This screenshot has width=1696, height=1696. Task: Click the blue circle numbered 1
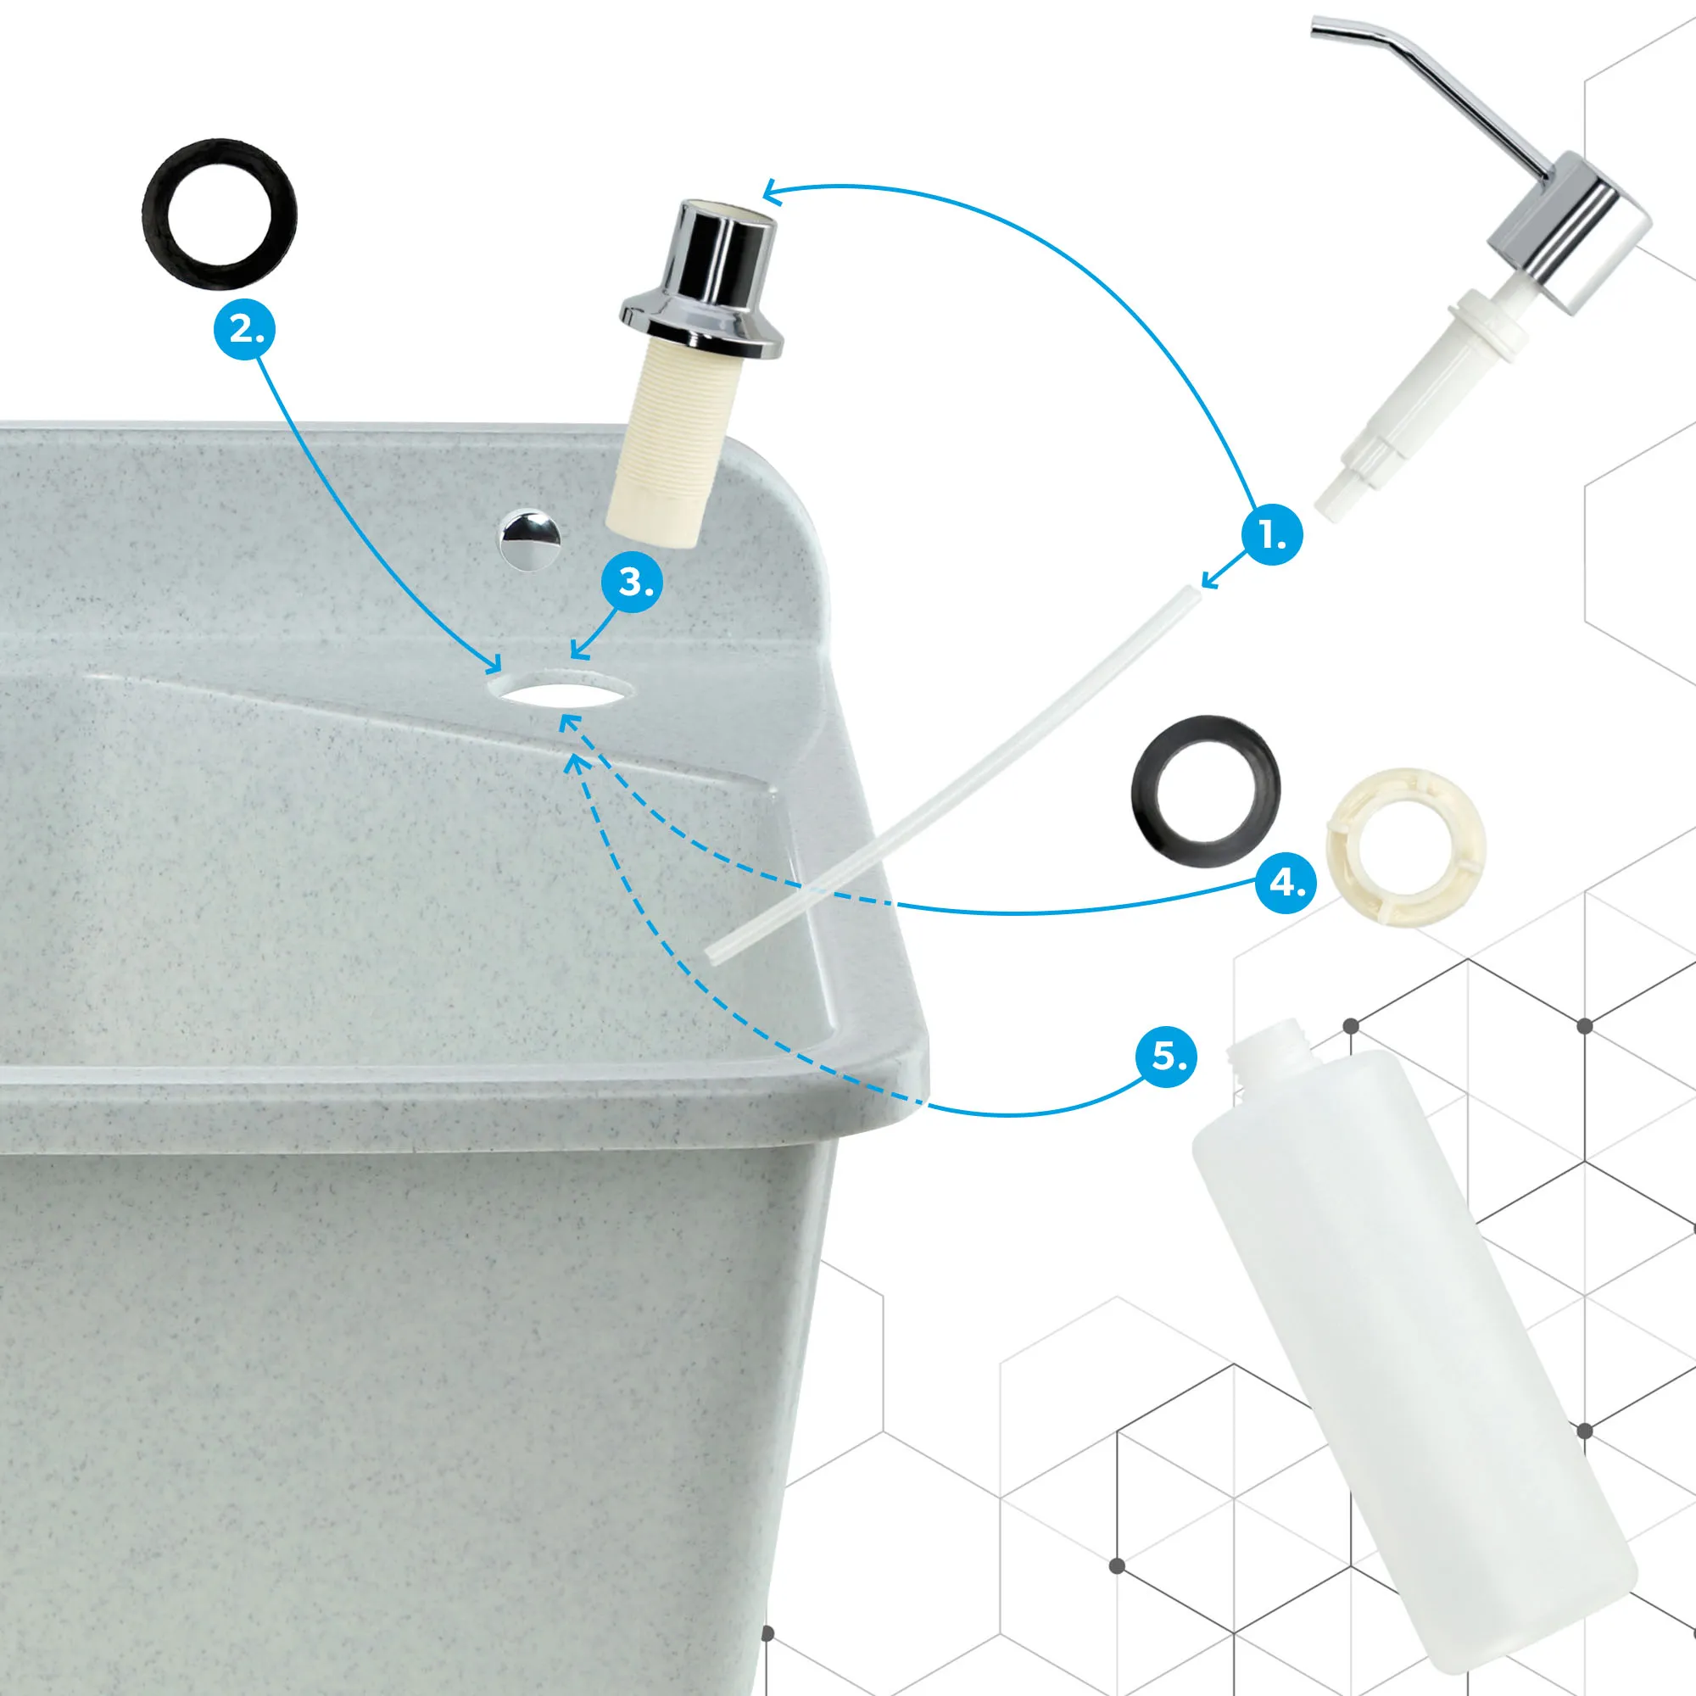point(1272,534)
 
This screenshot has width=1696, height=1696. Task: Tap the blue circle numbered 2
point(245,330)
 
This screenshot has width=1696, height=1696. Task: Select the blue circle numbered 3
point(632,582)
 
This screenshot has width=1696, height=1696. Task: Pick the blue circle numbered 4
point(1286,882)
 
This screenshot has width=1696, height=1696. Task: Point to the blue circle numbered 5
point(1167,1055)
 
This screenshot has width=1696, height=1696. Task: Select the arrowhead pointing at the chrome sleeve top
point(770,190)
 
